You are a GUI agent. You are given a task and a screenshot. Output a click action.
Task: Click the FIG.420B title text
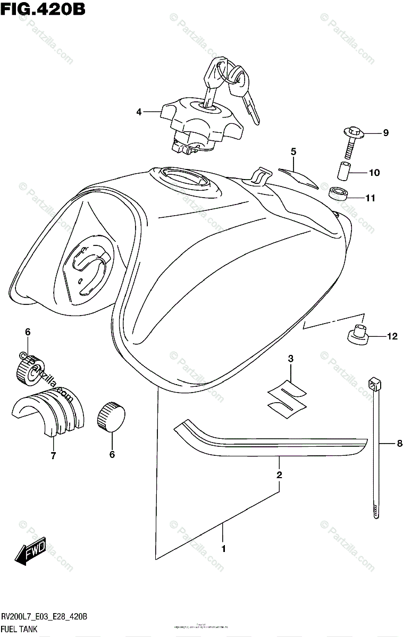(x=43, y=9)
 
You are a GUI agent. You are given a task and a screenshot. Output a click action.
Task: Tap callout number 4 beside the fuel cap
(x=139, y=112)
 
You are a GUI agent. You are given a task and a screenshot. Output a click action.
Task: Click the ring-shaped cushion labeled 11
(x=337, y=193)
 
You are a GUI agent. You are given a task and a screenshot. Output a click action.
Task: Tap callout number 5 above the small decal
(x=293, y=151)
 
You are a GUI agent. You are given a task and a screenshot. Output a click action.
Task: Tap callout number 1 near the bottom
(x=223, y=548)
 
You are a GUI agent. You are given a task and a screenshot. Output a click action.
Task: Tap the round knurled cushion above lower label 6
(x=110, y=415)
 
